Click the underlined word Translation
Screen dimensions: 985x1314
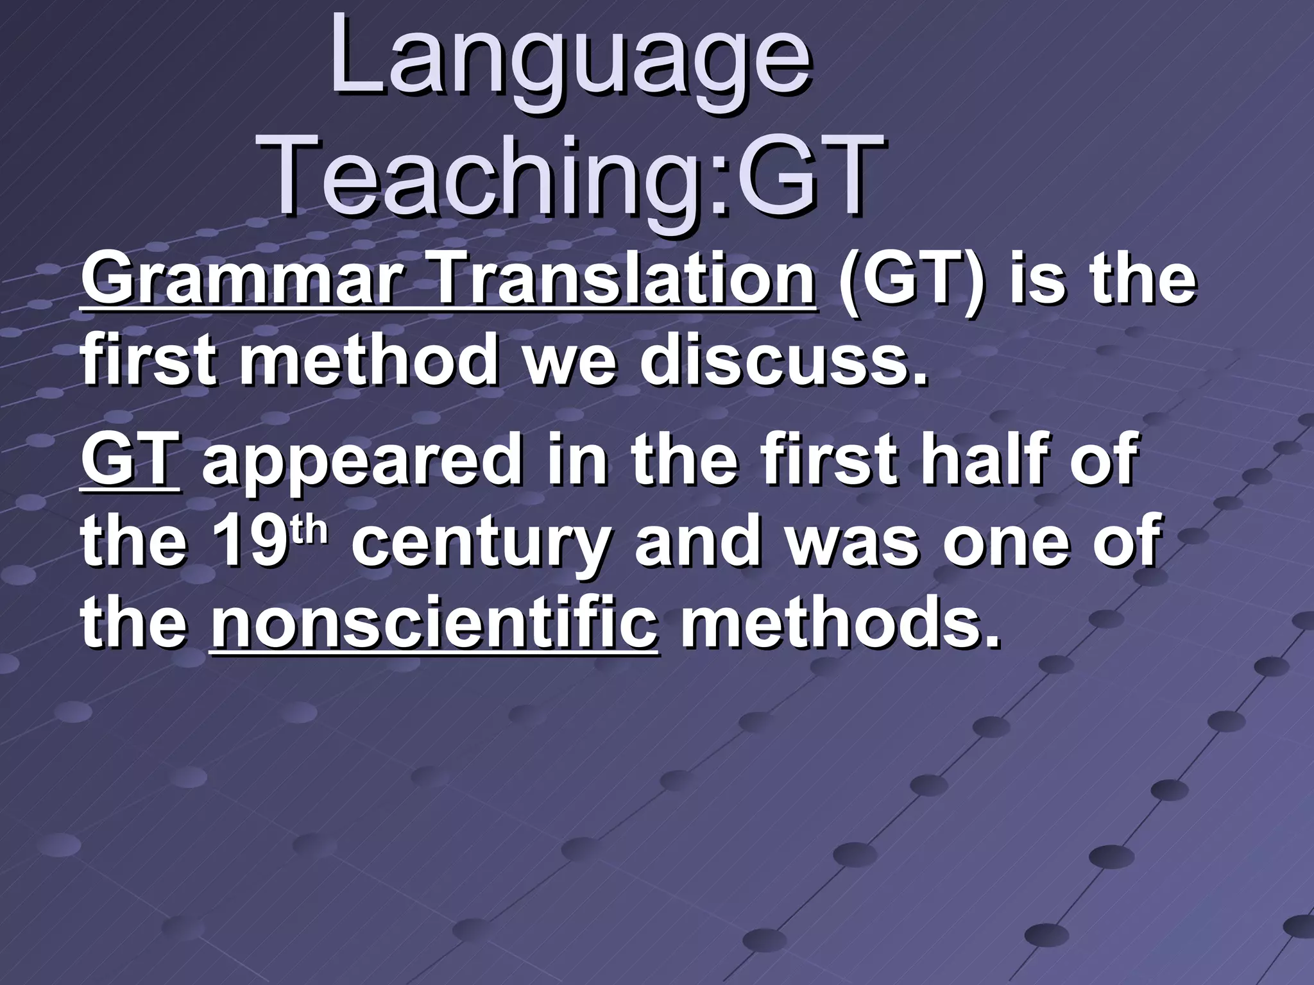pyautogui.click(x=624, y=282)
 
